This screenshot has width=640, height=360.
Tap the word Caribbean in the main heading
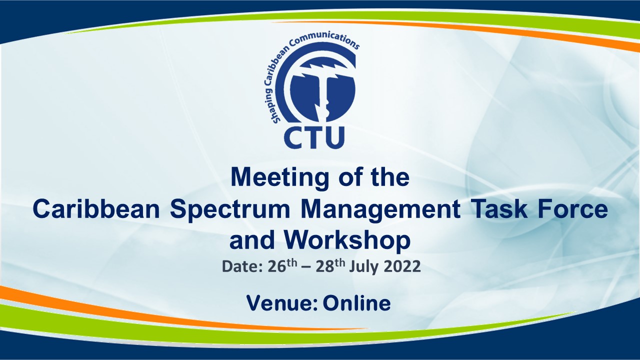(96, 209)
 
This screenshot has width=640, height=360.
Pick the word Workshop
(347, 241)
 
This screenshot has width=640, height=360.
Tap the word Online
(357, 303)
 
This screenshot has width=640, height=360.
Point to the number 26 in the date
(276, 267)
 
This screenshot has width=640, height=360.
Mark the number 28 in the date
(325, 267)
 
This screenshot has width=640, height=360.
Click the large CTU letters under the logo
(314, 137)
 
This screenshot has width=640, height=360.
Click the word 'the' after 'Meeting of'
(389, 177)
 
